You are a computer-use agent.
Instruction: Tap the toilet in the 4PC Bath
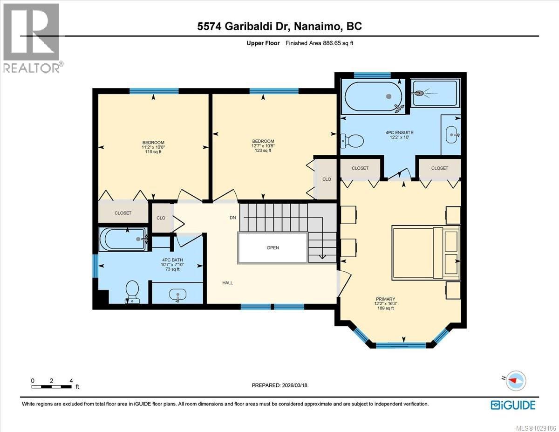click(132, 291)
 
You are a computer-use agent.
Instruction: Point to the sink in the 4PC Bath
click(177, 295)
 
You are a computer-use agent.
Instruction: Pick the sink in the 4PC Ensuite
click(450, 134)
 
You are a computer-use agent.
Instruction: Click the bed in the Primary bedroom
click(425, 252)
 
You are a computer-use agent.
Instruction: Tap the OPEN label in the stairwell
click(273, 247)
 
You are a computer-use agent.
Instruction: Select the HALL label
click(227, 282)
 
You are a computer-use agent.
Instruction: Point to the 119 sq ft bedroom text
click(153, 151)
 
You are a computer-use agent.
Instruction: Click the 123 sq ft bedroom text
click(263, 150)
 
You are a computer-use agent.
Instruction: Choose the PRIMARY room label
click(386, 299)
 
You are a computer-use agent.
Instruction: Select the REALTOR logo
click(32, 37)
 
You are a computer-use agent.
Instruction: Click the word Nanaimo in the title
click(317, 27)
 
